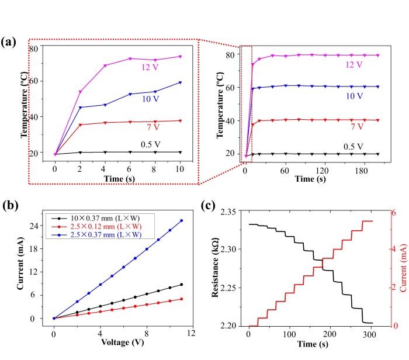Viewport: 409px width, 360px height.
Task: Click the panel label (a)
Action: coord(10,41)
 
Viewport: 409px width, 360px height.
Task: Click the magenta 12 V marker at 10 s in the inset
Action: coord(179,57)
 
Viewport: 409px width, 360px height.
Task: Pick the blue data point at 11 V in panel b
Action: coord(181,220)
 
